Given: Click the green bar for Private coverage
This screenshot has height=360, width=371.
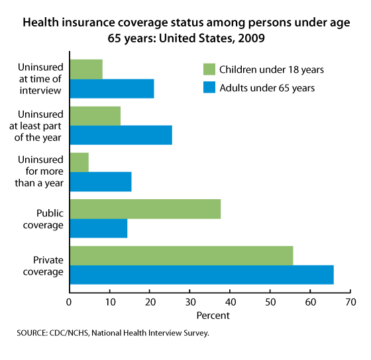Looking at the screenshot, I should coord(181,255).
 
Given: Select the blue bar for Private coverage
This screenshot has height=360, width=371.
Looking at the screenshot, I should coord(201,275).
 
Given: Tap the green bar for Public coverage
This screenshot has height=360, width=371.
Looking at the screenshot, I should coord(144,209).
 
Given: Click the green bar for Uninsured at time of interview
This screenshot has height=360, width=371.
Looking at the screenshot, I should coord(86,69).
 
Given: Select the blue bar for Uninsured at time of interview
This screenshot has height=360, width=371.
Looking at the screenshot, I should coord(111,88).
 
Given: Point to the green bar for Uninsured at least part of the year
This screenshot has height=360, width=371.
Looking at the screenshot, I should coord(95,116).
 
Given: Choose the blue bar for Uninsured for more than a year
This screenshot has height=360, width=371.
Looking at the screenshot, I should coord(100,181).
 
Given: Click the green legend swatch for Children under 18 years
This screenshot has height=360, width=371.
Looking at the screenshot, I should coord(211,68).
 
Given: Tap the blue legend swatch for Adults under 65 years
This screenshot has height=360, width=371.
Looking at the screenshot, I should coord(211,87).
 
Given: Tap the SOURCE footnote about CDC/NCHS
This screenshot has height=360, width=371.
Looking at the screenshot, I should coord(113,333).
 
